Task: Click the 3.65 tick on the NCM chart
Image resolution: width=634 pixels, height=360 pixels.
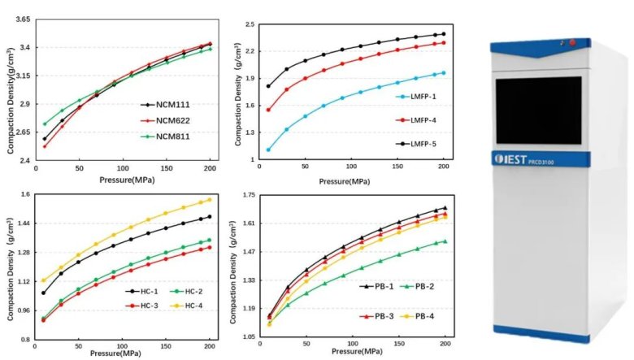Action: (x=23, y=19)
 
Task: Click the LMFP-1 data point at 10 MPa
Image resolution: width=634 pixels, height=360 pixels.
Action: (x=268, y=150)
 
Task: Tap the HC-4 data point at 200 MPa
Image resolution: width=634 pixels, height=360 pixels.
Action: (x=209, y=199)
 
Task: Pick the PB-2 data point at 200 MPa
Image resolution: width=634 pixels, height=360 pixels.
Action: (x=445, y=241)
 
